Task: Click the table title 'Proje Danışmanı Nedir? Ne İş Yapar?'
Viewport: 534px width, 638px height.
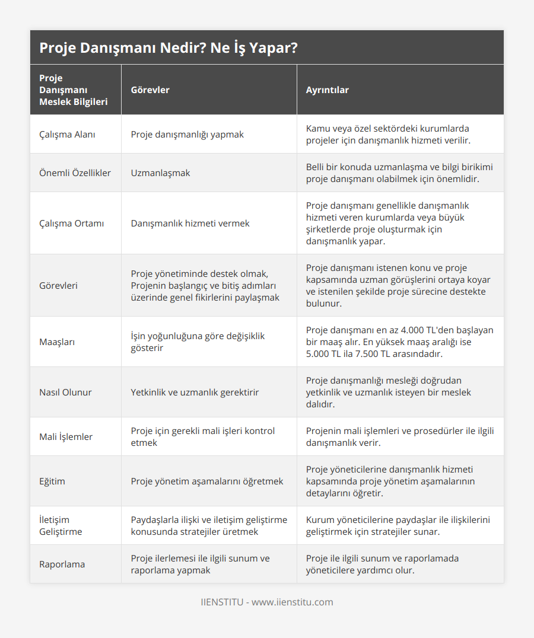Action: point(169,48)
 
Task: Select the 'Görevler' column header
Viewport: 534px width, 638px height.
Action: point(150,90)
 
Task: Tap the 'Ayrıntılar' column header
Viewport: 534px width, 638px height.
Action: point(327,90)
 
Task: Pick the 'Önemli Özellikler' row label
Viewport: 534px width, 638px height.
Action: point(75,173)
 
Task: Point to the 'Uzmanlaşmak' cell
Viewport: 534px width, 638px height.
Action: point(160,173)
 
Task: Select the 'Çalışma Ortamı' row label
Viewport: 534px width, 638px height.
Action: point(71,224)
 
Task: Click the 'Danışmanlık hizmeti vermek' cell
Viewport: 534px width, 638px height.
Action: point(190,224)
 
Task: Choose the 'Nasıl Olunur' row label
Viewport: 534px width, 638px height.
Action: point(65,393)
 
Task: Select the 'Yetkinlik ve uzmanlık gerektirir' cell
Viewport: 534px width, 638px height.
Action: point(195,393)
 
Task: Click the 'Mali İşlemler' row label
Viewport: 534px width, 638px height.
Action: point(66,437)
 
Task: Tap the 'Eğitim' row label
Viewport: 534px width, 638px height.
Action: point(52,481)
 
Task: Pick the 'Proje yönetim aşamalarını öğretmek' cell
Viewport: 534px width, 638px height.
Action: point(207,481)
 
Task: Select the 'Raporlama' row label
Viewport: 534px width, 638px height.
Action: point(62,564)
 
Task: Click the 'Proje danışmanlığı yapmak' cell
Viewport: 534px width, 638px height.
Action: point(187,134)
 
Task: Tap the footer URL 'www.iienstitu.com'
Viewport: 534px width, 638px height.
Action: point(293,602)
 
